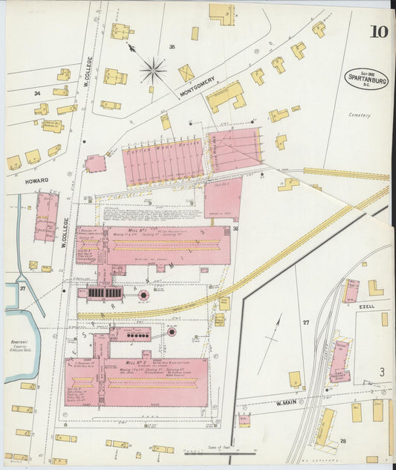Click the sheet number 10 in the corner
[377, 31]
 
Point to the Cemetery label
[359, 115]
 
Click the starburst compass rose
[153, 71]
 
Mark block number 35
[172, 47]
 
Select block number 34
[36, 93]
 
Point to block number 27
[305, 322]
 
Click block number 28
[343, 440]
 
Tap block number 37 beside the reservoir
[22, 288]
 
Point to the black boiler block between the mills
[104, 293]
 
